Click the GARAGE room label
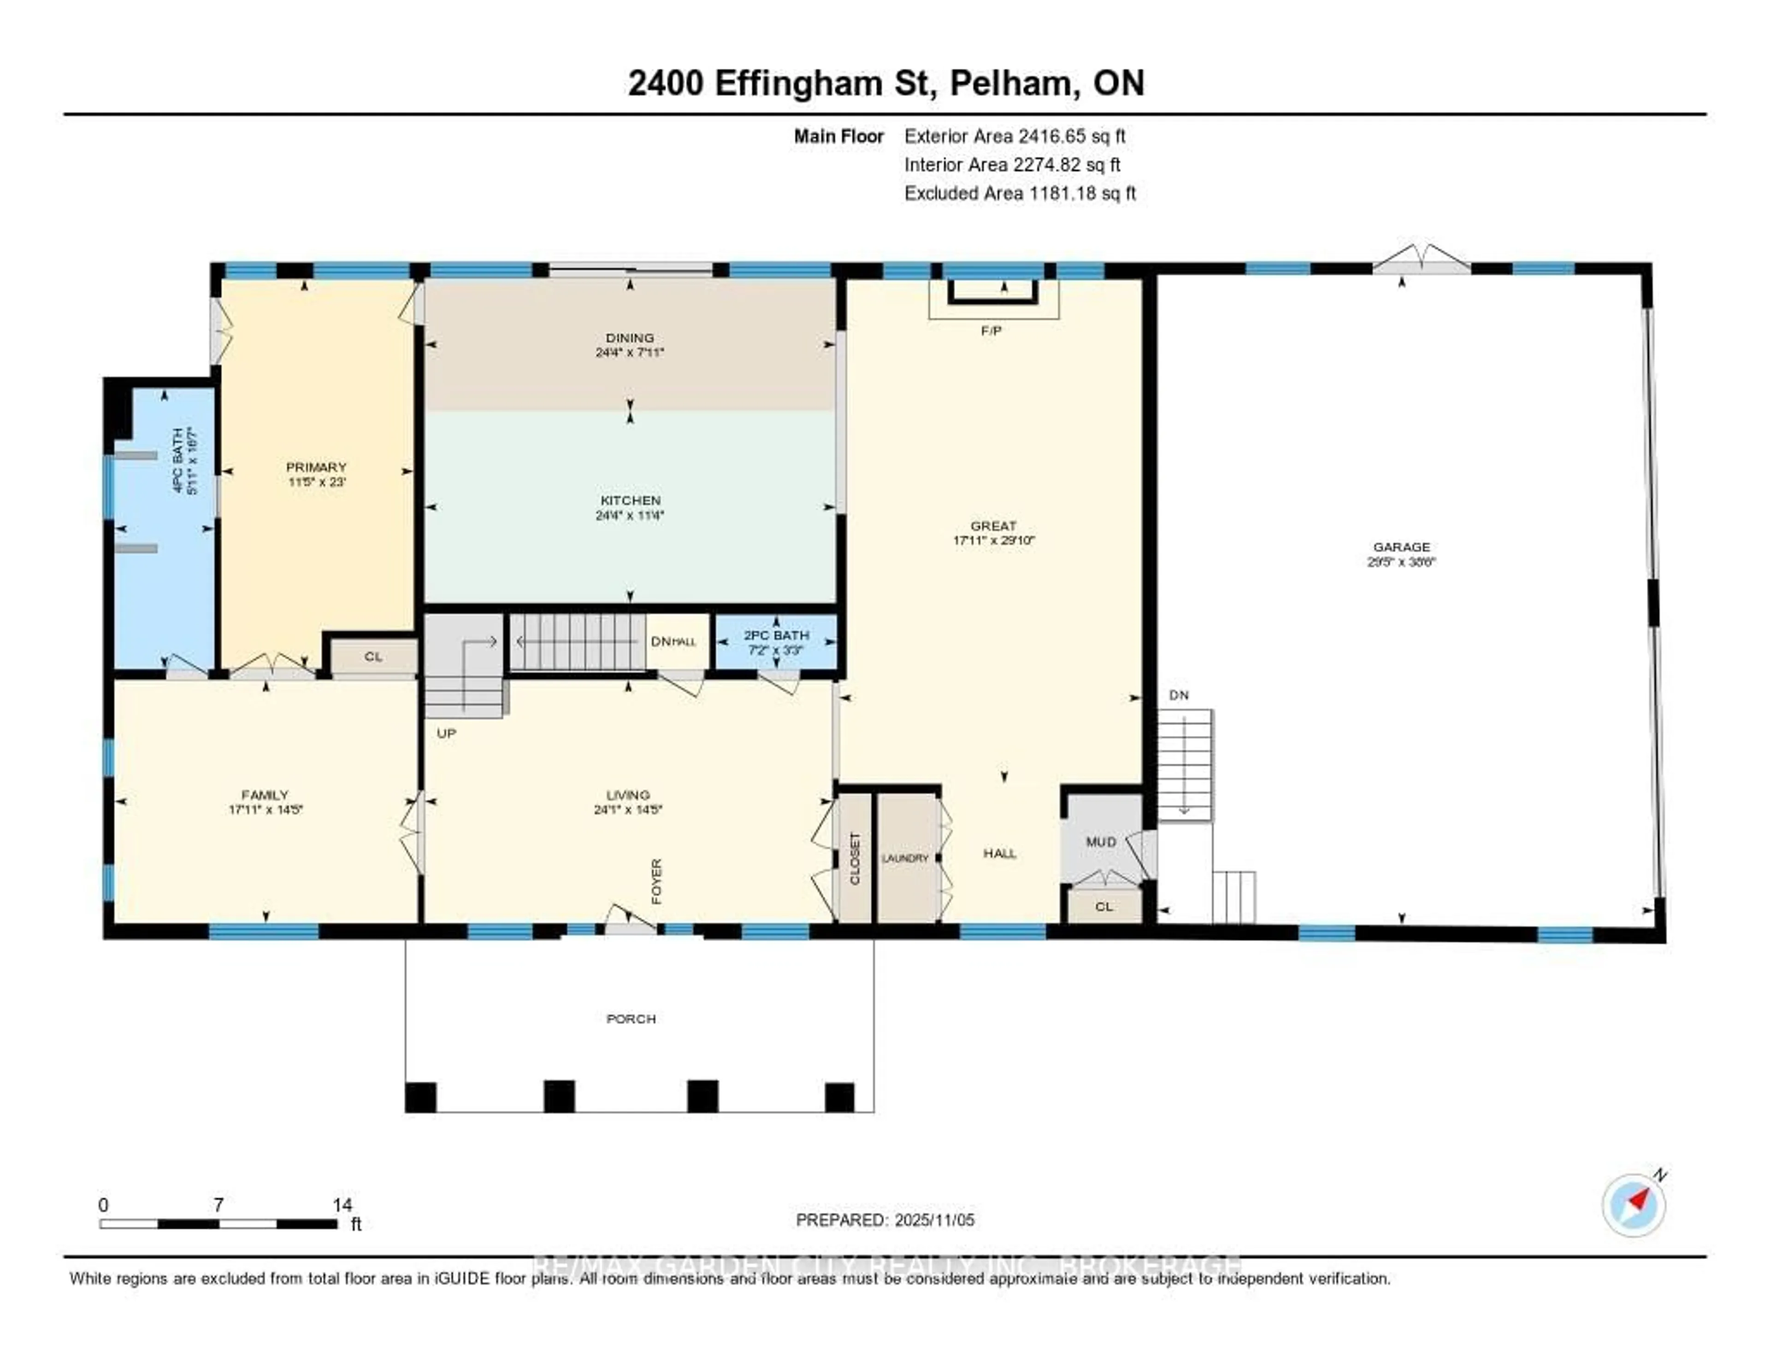[x=1401, y=547]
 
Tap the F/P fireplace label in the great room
[x=991, y=330]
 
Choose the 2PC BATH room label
[x=776, y=635]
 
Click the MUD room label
[x=1101, y=842]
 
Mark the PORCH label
[x=631, y=1019]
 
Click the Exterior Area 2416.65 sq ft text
[x=1015, y=136]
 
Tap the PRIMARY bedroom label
[x=316, y=467]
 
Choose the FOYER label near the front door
[x=656, y=882]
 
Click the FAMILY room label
[x=265, y=795]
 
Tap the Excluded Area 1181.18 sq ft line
[x=1020, y=193]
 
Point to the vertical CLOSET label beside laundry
[x=855, y=858]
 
